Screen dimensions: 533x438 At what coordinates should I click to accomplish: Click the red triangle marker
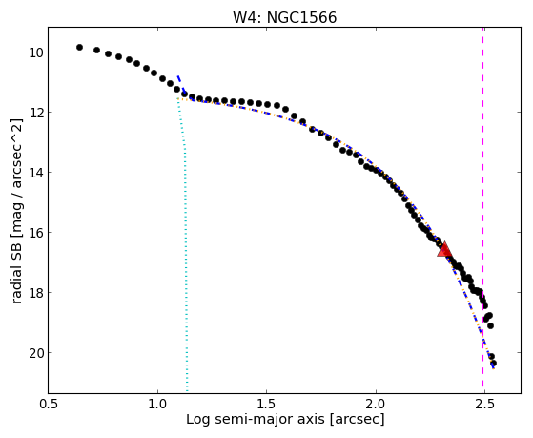[444, 249]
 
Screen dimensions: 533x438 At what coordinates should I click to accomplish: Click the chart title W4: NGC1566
[284, 17]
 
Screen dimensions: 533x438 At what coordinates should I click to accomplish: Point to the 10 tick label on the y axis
[35, 52]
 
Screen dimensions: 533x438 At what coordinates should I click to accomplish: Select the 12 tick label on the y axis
[35, 113]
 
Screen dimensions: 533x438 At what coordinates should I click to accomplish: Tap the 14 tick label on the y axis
[35, 173]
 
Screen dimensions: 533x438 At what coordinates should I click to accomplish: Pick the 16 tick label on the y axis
[35, 233]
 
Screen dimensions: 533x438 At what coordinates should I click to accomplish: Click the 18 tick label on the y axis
[35, 293]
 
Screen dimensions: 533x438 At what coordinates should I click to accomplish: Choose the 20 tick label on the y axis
[35, 353]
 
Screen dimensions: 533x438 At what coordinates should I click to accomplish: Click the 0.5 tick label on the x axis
[49, 404]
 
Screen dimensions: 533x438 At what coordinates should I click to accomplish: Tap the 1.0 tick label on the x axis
[157, 404]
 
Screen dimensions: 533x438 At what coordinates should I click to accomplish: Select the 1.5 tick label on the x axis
[267, 404]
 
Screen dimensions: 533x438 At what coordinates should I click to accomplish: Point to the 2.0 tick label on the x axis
[376, 404]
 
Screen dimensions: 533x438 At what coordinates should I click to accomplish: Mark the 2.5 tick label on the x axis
[484, 404]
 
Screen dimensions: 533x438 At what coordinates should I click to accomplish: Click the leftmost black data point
[79, 48]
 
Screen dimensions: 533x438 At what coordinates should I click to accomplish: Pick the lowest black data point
[493, 364]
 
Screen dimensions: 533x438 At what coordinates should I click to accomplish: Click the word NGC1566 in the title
[301, 17]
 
